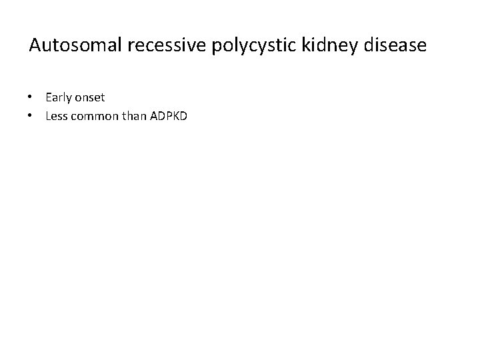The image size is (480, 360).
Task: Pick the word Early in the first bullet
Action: point(57,98)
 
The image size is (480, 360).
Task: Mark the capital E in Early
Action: point(49,97)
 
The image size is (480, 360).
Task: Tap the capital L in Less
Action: point(48,117)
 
